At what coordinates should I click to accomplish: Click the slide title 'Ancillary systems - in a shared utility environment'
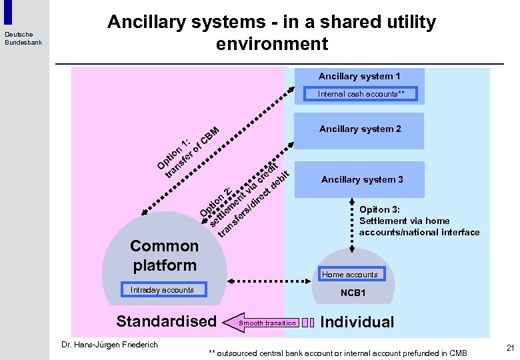pyautogui.click(x=271, y=33)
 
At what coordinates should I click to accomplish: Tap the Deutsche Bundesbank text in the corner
pyautogui.click(x=23, y=38)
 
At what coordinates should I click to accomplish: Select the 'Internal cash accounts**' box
pyautogui.click(x=361, y=94)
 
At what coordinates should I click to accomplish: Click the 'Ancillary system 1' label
pyautogui.click(x=359, y=77)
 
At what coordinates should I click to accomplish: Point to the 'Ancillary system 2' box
pyautogui.click(x=360, y=129)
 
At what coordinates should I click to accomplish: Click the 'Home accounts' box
pyautogui.click(x=350, y=274)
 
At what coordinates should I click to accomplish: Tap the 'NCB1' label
pyautogui.click(x=353, y=293)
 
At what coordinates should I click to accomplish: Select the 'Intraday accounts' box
pyautogui.click(x=162, y=290)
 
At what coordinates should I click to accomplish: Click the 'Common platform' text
pyautogui.click(x=164, y=255)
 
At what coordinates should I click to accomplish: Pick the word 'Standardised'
pyautogui.click(x=166, y=321)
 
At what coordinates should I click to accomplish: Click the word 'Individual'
pyautogui.click(x=357, y=322)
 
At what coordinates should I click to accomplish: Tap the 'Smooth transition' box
pyautogui.click(x=267, y=323)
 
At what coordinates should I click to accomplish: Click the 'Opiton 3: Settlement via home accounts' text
pyautogui.click(x=419, y=221)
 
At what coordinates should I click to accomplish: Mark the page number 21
pyautogui.click(x=510, y=347)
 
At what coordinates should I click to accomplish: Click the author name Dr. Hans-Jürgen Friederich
pyautogui.click(x=109, y=345)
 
